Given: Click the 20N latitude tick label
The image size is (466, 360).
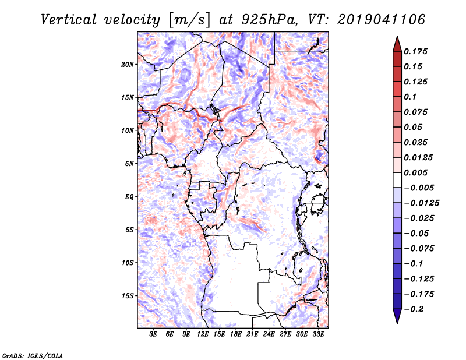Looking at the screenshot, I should pos(128,64).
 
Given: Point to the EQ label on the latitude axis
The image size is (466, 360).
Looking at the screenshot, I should pos(129,197).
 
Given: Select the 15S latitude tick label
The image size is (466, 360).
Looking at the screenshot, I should pos(128,296).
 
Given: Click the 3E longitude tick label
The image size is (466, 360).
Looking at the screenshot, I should pos(153,334).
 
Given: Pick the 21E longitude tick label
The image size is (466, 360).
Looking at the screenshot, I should pos(252,334).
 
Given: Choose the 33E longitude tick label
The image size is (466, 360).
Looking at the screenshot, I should pos(318,334).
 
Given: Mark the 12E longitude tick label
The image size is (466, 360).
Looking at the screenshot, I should pos(203,334).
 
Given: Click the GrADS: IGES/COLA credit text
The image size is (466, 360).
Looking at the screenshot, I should pos(33,355).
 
